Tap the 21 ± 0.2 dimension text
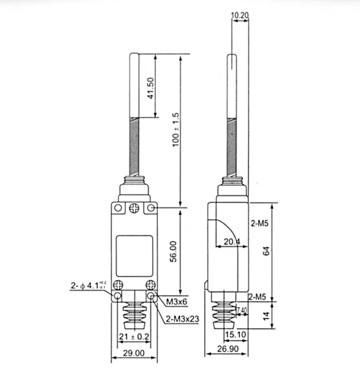coord(133,337)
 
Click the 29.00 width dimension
coord(133,353)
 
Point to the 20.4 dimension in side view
coord(231,242)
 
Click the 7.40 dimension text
coord(241,310)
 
